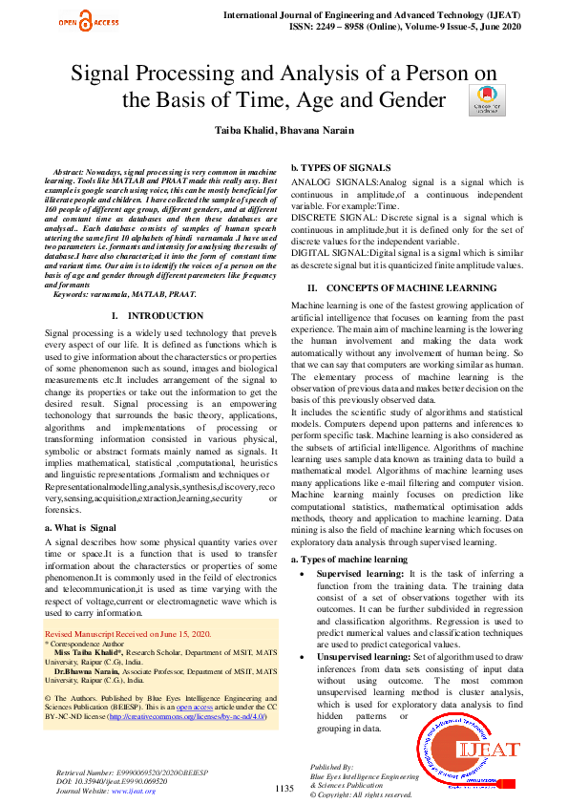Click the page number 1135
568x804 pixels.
[x=284, y=788]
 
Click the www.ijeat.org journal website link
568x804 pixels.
[x=134, y=791]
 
